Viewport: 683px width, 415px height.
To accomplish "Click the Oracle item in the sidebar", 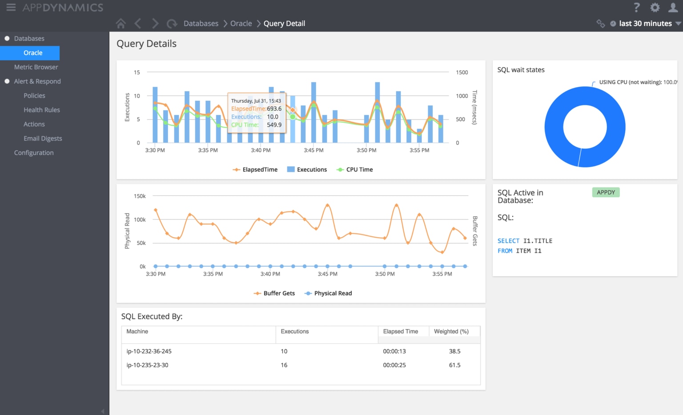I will (33, 53).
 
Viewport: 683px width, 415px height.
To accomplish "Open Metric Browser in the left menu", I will (36, 67).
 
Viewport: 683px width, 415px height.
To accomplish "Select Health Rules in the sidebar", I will (41, 110).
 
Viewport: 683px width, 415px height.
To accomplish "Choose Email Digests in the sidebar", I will (43, 138).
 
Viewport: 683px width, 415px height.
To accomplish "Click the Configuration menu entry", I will (34, 152).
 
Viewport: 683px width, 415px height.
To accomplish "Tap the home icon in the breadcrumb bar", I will (121, 24).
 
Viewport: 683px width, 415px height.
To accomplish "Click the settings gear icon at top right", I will (655, 8).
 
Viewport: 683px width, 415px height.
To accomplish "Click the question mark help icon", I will (636, 8).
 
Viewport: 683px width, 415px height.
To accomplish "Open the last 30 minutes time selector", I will (645, 24).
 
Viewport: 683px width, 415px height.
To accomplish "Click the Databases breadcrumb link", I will (201, 24).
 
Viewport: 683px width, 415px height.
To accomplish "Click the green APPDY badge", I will (606, 192).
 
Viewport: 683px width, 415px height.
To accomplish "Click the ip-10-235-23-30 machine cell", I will (147, 365).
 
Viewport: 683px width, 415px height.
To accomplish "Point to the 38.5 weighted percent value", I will (454, 351).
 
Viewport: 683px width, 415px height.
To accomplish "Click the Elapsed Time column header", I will (400, 331).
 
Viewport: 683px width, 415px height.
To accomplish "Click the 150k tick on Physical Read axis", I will (140, 196).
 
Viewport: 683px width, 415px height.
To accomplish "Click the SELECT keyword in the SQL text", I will (508, 241).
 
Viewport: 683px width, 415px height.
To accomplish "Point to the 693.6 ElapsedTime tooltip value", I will (274, 109).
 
